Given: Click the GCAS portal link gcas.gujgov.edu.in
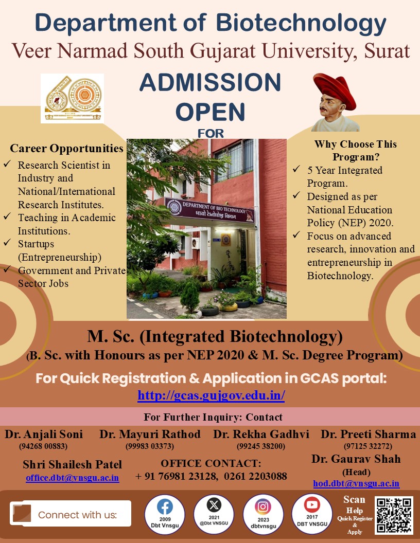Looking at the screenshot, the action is coord(211,395).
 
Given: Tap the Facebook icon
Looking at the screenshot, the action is coord(165,507).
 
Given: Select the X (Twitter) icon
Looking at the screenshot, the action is coord(214,505).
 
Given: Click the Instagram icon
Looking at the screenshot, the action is coord(263,506).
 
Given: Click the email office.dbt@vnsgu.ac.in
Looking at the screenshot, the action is coord(73,478).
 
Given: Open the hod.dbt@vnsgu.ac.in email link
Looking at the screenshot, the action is coord(356,483).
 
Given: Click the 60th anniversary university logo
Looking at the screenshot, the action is coord(73,98).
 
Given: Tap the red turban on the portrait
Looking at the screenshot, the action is coord(335,89).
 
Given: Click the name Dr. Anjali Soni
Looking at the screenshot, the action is coord(44,435).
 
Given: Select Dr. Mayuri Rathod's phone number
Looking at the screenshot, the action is coord(150,446).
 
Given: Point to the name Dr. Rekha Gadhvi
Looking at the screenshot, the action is coord(261,435).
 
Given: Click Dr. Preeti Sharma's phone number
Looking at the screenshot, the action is coord(368,446).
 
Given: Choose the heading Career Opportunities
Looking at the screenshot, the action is coord(66,148).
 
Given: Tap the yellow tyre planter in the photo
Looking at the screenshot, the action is coord(227,307).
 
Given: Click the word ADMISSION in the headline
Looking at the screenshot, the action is coord(211,82).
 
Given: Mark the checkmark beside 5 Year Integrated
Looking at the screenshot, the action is coord(296,169).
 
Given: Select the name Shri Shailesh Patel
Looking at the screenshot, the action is coord(73,464).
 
